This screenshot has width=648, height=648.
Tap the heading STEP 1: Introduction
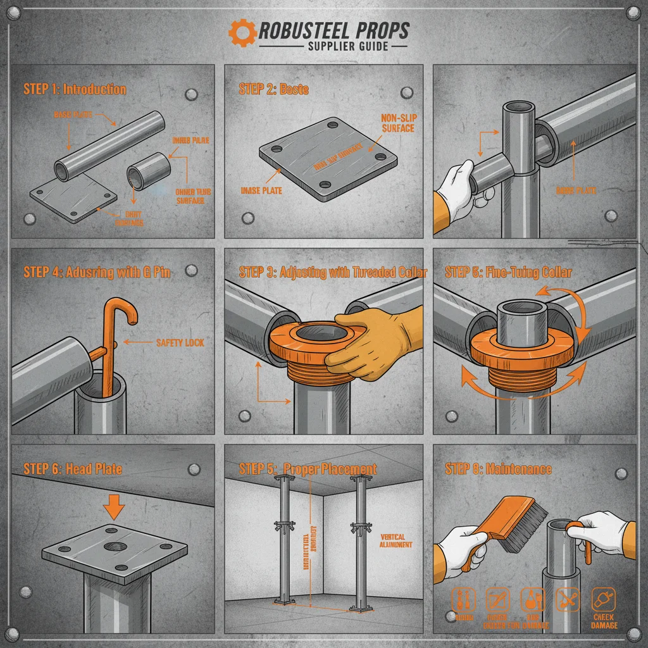pos(75,89)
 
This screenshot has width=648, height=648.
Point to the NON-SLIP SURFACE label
pos(398,123)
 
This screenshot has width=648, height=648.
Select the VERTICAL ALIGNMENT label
pos(396,540)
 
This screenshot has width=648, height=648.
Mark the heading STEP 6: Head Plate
pos(73,469)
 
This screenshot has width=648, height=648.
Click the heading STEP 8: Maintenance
pos(498,469)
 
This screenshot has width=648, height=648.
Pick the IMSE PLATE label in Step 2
pos(262,190)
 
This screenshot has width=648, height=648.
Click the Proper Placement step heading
pos(308,469)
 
